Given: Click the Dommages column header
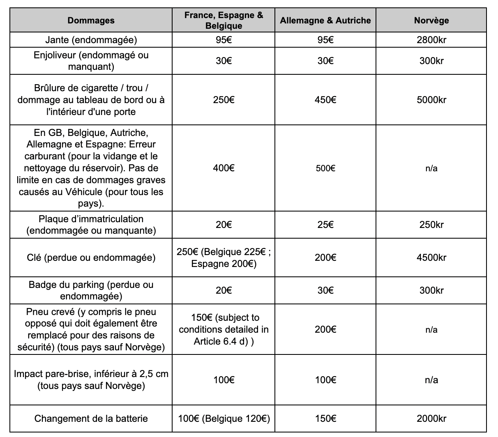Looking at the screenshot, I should tap(91, 20).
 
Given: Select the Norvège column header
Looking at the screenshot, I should tap(431, 20).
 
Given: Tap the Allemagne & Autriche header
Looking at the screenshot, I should tap(325, 20).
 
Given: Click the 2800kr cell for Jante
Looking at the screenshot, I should tap(431, 40).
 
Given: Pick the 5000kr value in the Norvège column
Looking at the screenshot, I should tap(431, 100).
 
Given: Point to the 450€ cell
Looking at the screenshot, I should tap(325, 100).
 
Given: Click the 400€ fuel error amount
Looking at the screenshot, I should tap(224, 168).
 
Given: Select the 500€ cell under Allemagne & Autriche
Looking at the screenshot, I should tap(325, 168).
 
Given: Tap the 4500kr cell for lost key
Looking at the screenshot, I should tap(431, 258).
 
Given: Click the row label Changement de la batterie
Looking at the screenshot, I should tap(91, 419).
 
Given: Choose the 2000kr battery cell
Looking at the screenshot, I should tap(431, 419).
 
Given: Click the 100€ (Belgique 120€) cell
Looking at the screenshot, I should tap(224, 419).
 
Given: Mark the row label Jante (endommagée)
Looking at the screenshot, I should tap(91, 40).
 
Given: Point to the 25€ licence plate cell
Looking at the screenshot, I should tap(325, 225).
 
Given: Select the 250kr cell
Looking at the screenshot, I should tap(431, 225).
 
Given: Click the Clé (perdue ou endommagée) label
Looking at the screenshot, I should tap(91, 258).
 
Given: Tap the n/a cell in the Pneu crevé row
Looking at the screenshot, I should tap(431, 329).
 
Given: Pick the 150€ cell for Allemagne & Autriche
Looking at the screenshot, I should tap(325, 419).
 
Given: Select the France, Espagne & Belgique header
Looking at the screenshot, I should tap(224, 20).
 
